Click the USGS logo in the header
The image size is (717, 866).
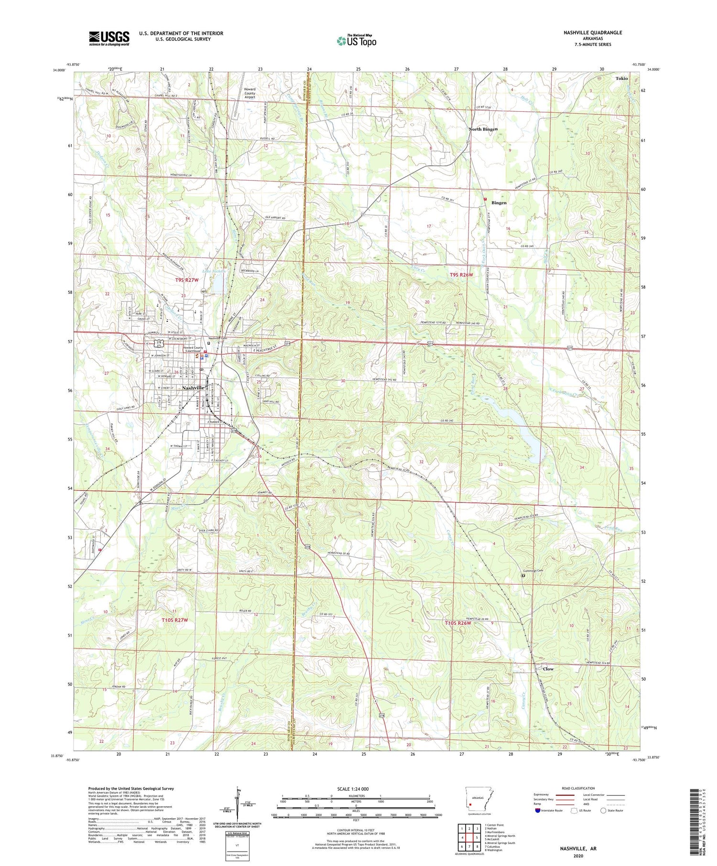[109, 38]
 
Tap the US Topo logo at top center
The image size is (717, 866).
[356, 41]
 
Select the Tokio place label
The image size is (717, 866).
[621, 78]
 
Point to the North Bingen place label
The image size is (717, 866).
[483, 129]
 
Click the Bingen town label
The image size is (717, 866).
[499, 203]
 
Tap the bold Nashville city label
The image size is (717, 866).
[194, 388]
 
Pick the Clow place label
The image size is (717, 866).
[548, 669]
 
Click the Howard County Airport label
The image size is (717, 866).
[250, 93]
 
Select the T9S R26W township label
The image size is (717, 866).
[461, 275]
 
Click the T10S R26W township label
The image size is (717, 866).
[458, 623]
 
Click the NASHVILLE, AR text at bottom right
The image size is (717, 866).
[578, 849]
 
